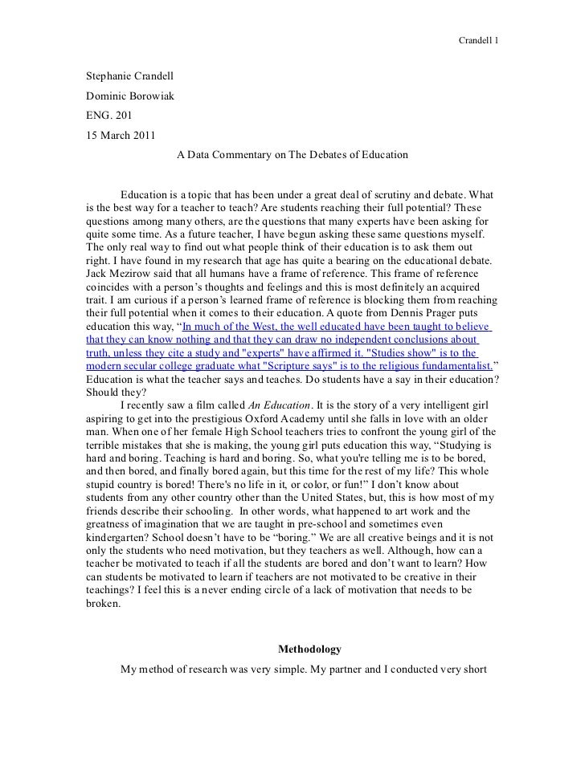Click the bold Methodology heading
click(309, 649)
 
